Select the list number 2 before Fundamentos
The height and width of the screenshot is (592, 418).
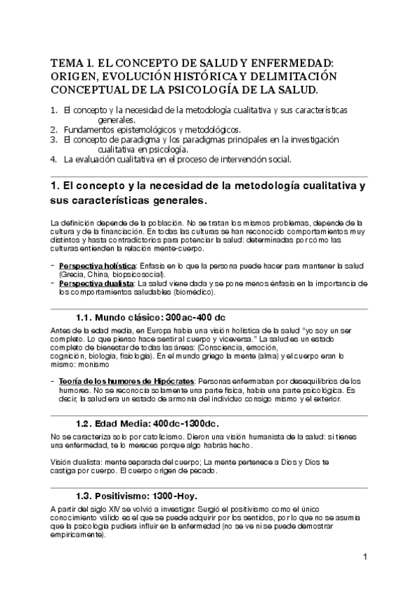(54, 130)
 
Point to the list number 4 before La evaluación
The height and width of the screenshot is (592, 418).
(54, 159)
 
